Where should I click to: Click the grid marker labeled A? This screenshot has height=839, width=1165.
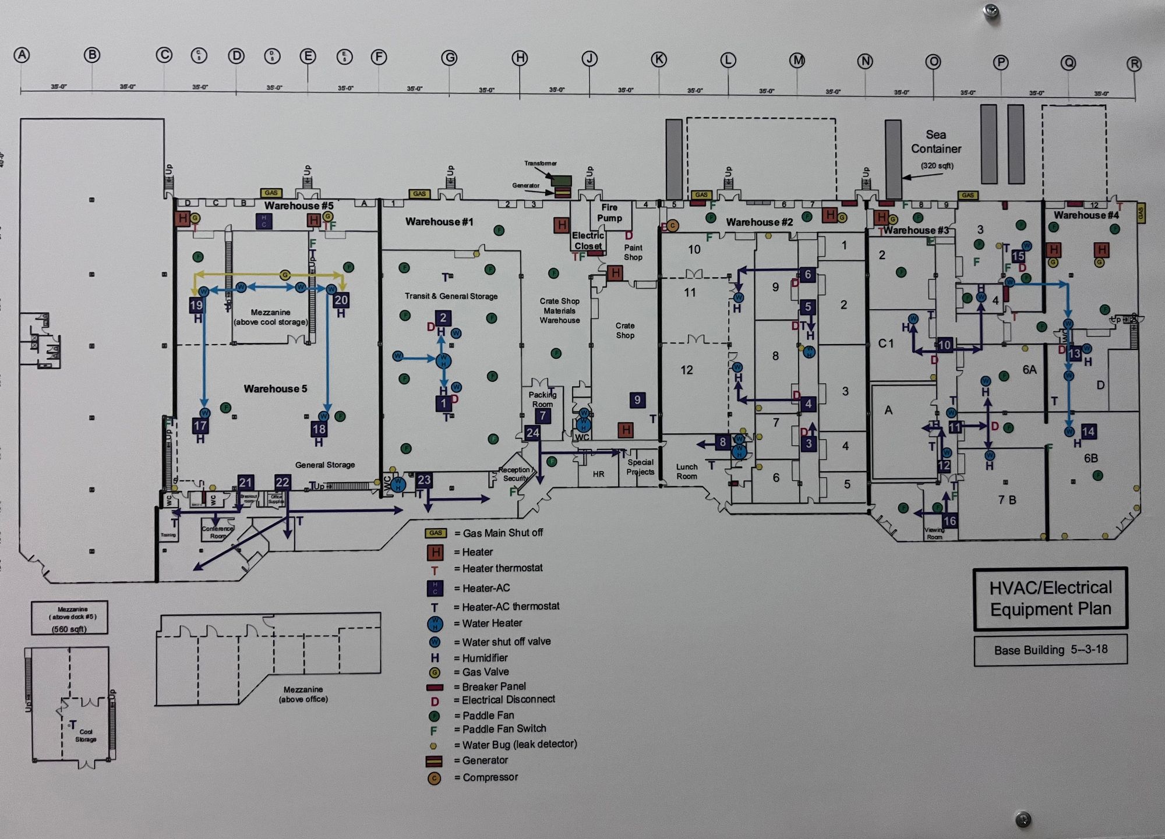[22, 55]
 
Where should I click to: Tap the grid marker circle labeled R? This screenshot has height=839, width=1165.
[1134, 64]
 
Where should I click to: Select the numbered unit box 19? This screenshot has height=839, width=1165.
[196, 305]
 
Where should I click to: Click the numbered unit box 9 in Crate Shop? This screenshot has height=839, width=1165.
[637, 400]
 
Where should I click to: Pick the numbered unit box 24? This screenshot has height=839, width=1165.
[532, 433]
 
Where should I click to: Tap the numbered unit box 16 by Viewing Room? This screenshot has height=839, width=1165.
[949, 521]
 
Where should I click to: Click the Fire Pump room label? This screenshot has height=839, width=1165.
[609, 213]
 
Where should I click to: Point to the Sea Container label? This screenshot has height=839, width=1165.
[936, 141]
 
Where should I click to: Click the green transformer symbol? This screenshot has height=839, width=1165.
[562, 180]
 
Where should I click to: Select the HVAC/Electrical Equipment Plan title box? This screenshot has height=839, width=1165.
[1050, 599]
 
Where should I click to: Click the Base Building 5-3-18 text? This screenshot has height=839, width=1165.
[1050, 650]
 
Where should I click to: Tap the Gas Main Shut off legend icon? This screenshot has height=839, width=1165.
[436, 533]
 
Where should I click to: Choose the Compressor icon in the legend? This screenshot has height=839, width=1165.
[434, 778]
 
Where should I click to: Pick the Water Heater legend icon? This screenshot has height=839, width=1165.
[435, 624]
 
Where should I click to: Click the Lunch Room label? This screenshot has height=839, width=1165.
[687, 472]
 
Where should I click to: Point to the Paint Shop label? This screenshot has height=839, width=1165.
[633, 252]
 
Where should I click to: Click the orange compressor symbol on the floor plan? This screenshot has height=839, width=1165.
[672, 225]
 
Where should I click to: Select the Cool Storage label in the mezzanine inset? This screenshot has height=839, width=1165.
[86, 735]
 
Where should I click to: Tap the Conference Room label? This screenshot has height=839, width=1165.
[217, 532]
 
